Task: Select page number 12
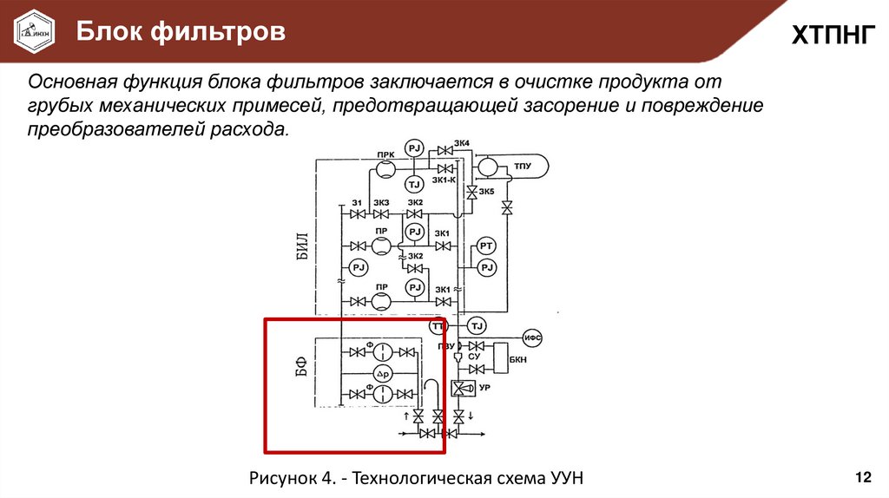[x=863, y=476]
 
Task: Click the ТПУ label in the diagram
[x=522, y=165]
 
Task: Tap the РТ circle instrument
[x=486, y=248]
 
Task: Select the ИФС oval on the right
[x=533, y=336]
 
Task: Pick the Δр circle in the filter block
[x=383, y=373]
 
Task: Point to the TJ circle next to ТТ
[x=476, y=325]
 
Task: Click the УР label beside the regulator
[x=485, y=387]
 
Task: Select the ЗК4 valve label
[x=462, y=143]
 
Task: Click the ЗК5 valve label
[x=486, y=192]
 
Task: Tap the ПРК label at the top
[x=385, y=155]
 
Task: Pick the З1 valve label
[x=356, y=202]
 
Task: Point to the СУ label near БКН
[x=474, y=357]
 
